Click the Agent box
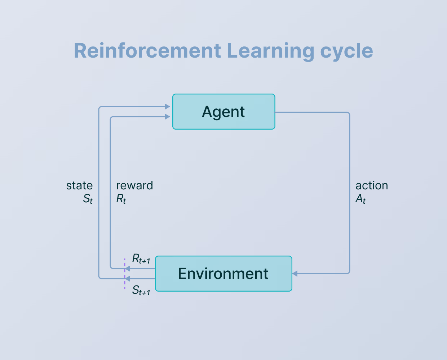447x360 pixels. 223,112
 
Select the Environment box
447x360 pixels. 223,274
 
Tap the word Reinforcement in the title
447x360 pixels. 147,51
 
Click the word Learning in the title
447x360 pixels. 270,51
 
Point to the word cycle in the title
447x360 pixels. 346,51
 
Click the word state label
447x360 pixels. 79,185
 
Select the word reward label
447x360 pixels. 134,185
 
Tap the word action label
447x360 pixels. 372,185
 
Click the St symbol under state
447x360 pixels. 88,199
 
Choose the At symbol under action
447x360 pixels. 360,199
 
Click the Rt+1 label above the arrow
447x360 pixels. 141,259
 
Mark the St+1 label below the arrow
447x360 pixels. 141,290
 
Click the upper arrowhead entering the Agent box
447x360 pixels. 167,107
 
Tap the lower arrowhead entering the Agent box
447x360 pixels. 167,117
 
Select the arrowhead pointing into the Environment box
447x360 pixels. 295,274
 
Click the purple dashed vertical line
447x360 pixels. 125,284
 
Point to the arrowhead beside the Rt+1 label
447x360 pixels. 127,269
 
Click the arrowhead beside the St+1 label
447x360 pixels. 127,278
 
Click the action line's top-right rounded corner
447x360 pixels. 348,114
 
